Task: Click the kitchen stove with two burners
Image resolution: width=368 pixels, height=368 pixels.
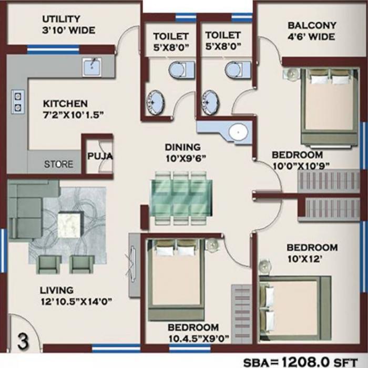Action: [x=18, y=101]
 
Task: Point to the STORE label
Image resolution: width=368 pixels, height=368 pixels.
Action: [x=58, y=164]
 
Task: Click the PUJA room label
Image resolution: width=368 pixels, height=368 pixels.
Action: [x=99, y=156]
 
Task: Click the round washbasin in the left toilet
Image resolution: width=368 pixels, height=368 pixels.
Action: [x=156, y=98]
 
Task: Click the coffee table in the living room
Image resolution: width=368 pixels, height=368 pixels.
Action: [x=72, y=226]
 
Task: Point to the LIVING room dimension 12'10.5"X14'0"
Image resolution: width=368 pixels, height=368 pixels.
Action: [x=77, y=301]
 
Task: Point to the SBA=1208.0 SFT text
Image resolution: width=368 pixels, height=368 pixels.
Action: [x=303, y=362]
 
